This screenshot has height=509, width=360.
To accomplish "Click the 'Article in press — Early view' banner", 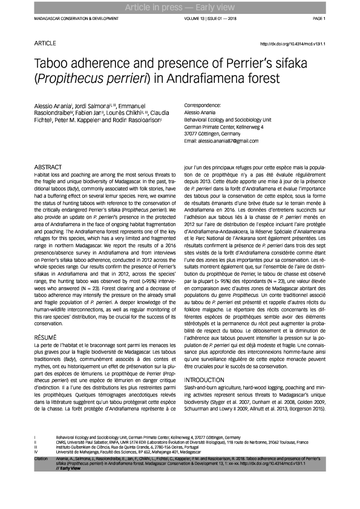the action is tap(180, 7).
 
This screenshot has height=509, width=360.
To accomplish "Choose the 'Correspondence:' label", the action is tap(202, 105).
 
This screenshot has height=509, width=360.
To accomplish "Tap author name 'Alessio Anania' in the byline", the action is tap(51, 106).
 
